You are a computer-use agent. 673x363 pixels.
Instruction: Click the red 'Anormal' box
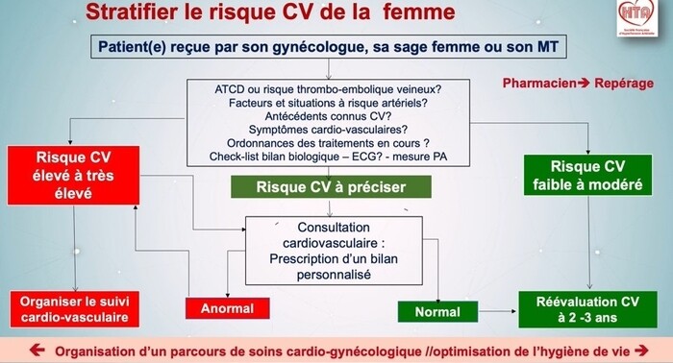(227, 309)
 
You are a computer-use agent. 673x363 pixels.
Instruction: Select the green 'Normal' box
(437, 311)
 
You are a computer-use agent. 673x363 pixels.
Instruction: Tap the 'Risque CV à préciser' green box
(316, 187)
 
